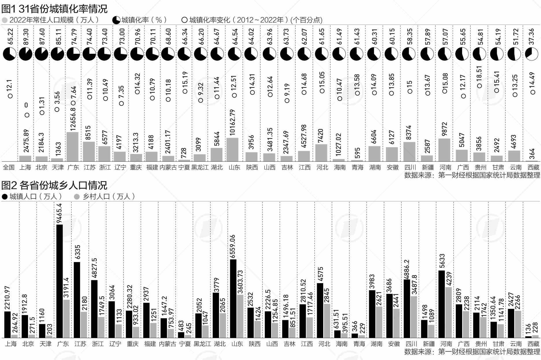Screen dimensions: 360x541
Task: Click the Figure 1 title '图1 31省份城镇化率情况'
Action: tap(54, 9)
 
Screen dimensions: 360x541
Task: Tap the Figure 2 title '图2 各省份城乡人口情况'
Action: tap(54, 185)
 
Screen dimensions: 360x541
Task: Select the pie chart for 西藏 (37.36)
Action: tap(532, 54)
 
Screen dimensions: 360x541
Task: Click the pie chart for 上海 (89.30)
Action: tap(25, 54)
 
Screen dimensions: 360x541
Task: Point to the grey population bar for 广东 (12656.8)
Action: tap(72, 147)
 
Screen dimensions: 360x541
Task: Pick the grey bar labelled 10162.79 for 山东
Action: tap(233, 150)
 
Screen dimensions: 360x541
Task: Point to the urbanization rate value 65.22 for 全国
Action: tap(10, 36)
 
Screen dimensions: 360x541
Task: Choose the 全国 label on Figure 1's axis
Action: tap(9, 167)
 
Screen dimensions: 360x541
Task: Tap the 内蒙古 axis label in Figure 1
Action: tap(168, 167)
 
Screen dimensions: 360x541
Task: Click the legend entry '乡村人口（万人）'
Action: tap(105, 196)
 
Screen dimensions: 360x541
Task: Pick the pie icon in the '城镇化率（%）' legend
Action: tap(116, 20)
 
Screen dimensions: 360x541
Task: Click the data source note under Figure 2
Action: tap(472, 352)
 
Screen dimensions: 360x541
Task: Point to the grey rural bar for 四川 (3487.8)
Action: tap(414, 317)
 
